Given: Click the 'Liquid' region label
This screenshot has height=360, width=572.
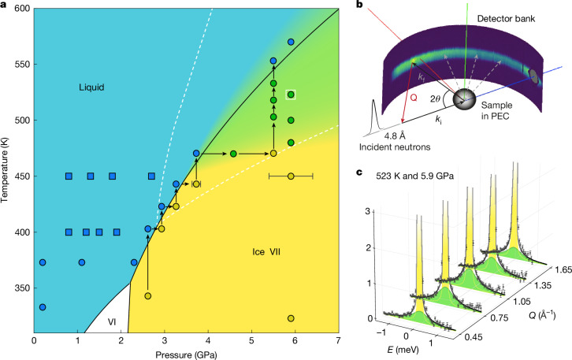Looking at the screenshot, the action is [x=91, y=87].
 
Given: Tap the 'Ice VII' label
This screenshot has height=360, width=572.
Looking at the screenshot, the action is [x=266, y=252].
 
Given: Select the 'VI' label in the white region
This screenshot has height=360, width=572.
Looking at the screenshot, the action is [x=112, y=321].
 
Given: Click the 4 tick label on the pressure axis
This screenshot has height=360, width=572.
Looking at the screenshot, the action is [x=208, y=340].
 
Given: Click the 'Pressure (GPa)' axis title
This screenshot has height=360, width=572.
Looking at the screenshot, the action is [x=186, y=354].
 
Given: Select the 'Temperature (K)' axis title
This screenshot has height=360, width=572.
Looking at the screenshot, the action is [x=5, y=171].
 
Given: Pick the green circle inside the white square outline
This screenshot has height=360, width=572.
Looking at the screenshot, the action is [x=291, y=95].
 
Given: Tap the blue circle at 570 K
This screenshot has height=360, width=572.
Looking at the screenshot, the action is [x=291, y=42].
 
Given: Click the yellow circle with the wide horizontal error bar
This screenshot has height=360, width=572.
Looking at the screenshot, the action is [x=291, y=176].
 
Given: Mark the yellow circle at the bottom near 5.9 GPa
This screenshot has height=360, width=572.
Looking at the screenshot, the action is [x=291, y=318].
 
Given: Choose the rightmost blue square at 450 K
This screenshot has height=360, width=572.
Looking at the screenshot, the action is [x=151, y=176].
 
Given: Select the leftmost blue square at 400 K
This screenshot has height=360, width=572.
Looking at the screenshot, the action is [x=69, y=232].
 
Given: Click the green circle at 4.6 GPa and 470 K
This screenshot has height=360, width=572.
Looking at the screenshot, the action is [x=233, y=154].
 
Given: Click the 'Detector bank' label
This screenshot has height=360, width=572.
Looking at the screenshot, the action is [x=506, y=19].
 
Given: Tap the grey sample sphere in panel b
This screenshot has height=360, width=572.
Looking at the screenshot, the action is [x=464, y=98].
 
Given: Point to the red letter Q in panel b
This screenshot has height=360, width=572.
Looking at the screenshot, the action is [x=414, y=98].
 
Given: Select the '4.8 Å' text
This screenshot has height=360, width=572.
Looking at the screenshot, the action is [x=395, y=136].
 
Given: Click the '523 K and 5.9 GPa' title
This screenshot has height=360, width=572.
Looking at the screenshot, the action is [x=415, y=176].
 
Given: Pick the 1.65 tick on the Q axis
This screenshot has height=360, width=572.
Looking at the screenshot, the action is [x=561, y=271].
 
